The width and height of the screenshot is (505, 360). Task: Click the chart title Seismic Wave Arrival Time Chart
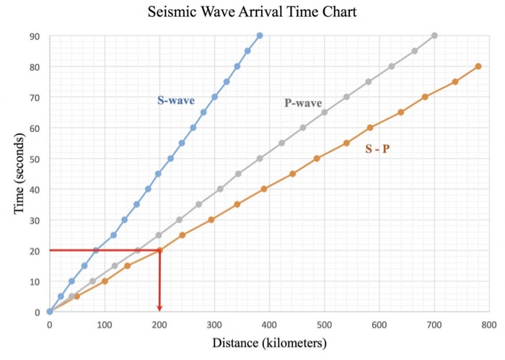pos(252,12)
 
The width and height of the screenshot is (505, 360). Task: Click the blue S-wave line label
pos(176,100)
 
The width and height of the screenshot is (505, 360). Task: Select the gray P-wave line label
pos(303,103)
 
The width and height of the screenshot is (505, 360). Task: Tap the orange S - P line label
pos(377,149)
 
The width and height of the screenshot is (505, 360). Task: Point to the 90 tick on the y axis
pos(35,36)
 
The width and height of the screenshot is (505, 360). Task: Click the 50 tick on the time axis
pos(35,159)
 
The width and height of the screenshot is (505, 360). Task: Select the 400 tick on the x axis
pos(269,325)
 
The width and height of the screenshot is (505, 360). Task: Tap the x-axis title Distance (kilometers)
pos(269,343)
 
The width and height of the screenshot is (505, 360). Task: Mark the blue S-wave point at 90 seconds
pos(260,35)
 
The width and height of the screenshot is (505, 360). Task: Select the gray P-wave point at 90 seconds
pos(434,35)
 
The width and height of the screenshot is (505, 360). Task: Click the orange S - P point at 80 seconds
pos(478,66)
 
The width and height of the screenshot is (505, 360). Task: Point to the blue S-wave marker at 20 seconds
pos(95,250)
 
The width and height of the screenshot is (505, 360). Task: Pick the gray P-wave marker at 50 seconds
pos(260,159)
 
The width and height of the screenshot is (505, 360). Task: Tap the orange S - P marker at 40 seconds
pos(264,189)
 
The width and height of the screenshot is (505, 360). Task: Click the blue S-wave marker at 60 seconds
pos(193,128)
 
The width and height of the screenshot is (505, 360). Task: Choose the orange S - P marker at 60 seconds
pos(370,128)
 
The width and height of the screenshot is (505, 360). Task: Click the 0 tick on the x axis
pos(49,325)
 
